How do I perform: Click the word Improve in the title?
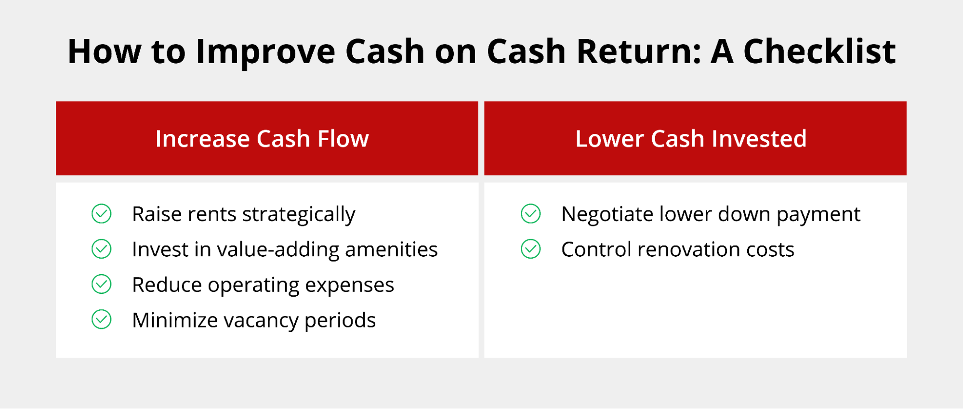tap(265, 52)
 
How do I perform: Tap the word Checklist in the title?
tap(819, 51)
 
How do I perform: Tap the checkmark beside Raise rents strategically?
tap(102, 214)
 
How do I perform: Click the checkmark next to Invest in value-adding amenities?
tap(102, 249)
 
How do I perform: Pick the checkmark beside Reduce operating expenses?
tap(102, 284)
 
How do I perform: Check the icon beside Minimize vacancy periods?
tap(102, 319)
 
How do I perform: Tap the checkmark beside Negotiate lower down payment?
tap(531, 214)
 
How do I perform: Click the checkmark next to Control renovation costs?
tap(531, 249)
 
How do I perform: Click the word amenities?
tap(391, 250)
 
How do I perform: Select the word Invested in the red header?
tap(759, 139)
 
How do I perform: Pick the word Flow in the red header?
tap(343, 139)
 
